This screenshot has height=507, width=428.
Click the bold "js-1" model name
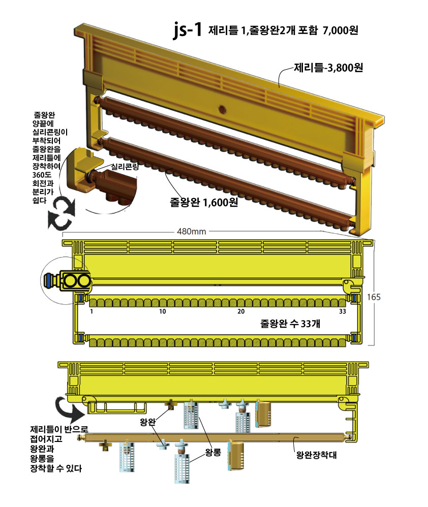click(x=187, y=30)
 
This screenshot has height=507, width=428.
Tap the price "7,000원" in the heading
click(x=341, y=30)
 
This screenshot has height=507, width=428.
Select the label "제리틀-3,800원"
click(x=328, y=68)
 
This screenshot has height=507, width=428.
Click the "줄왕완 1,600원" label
click(x=204, y=202)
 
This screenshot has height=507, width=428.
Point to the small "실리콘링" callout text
click(x=125, y=167)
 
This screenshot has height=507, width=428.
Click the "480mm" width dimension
click(x=192, y=232)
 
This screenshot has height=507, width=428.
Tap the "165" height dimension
click(x=374, y=297)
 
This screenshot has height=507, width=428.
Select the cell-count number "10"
click(x=162, y=311)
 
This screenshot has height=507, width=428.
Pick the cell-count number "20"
click(x=241, y=311)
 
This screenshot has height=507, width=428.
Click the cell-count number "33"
click(x=343, y=311)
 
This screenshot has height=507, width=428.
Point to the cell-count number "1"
click(x=91, y=311)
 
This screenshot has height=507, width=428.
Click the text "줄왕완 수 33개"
click(x=290, y=324)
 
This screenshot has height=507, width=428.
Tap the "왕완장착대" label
click(x=316, y=455)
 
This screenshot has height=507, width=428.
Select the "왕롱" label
click(x=213, y=452)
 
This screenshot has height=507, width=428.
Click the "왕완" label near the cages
click(x=148, y=422)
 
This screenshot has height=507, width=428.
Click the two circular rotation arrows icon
click(x=62, y=213)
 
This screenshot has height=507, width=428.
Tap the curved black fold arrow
click(x=69, y=408)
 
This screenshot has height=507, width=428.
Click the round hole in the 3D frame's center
click(x=222, y=110)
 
